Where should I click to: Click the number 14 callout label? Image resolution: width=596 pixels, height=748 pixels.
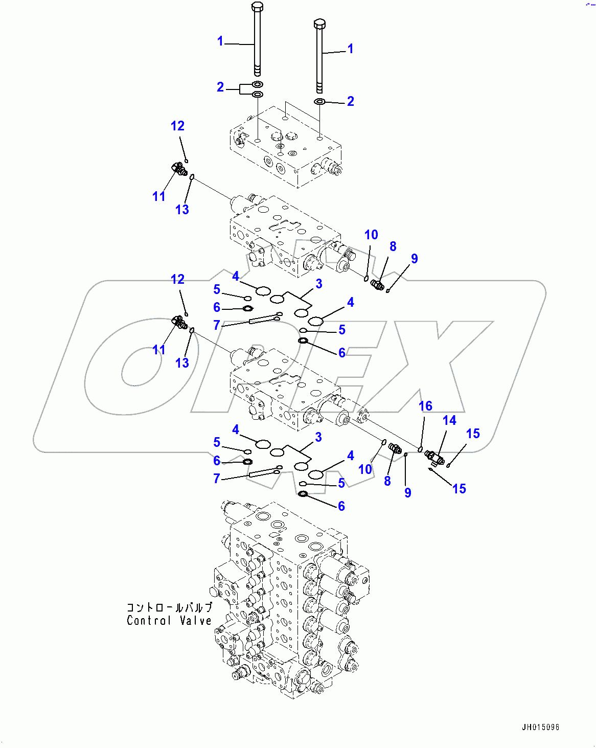pyautogui.click(x=449, y=420)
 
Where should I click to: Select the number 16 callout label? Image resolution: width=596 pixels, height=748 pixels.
pyautogui.click(x=425, y=406)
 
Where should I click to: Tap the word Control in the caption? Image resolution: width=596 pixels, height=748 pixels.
pyautogui.click(x=149, y=621)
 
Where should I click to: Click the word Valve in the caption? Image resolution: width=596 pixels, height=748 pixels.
pyautogui.click(x=196, y=621)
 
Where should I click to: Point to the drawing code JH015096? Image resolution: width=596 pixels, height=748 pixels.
pyautogui.click(x=540, y=727)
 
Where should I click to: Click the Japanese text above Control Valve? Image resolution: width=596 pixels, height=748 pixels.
pyautogui.click(x=169, y=607)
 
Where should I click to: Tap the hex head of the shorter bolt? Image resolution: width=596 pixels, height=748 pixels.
pyautogui.click(x=319, y=24)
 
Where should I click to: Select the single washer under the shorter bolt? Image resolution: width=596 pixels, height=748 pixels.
pyautogui.click(x=319, y=102)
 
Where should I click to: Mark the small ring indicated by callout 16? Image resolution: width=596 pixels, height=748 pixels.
pyautogui.click(x=420, y=449)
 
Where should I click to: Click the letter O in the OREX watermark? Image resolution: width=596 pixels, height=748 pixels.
pyautogui.click(x=135, y=366)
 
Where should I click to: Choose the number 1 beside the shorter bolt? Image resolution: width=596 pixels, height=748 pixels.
pyautogui.click(x=350, y=49)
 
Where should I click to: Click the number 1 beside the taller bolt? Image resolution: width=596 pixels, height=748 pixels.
pyautogui.click(x=220, y=41)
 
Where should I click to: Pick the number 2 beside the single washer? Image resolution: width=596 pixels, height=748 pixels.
pyautogui.click(x=350, y=101)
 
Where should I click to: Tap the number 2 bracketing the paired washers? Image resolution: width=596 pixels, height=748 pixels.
pyautogui.click(x=220, y=87)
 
